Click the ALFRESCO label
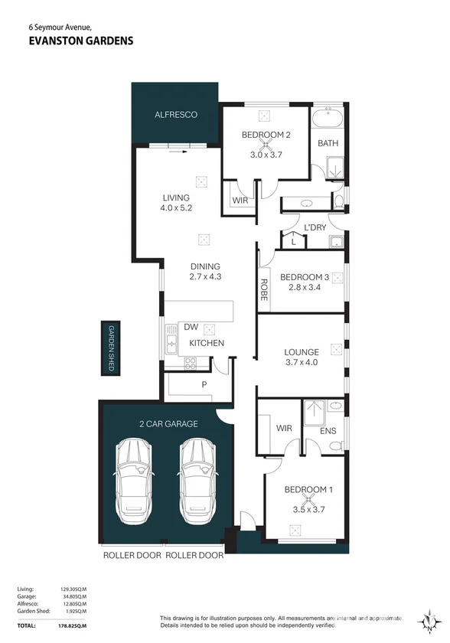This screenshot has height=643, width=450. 176,115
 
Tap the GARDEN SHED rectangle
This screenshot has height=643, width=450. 111,348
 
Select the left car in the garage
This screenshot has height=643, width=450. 134,481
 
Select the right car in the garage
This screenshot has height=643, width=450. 198,481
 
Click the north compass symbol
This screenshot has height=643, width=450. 429,622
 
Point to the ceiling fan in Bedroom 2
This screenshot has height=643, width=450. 266,145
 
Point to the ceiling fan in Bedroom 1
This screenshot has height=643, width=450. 308,499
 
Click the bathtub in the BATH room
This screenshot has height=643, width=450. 328,119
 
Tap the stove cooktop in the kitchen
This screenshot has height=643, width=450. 190,364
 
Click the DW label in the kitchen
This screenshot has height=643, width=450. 191,327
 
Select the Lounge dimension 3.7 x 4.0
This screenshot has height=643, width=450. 302,362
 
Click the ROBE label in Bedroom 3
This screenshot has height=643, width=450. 264,289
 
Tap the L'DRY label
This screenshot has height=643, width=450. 315,227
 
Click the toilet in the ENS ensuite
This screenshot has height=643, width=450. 337,446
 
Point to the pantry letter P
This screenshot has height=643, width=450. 204,384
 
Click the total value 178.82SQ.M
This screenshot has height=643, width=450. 73,626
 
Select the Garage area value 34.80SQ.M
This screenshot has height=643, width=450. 73,596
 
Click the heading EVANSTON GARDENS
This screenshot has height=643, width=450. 81,41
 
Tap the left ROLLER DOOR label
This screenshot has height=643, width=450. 132,555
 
